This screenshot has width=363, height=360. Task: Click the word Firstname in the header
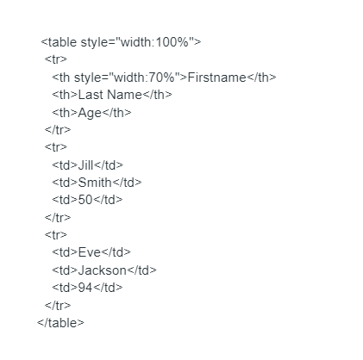click(x=217, y=78)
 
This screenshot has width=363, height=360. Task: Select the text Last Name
click(x=110, y=95)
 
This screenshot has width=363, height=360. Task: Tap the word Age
click(x=90, y=113)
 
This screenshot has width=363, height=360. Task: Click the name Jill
click(x=85, y=165)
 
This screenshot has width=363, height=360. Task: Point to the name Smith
click(x=95, y=183)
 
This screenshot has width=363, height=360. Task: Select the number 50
click(x=85, y=200)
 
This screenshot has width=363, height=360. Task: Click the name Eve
click(x=90, y=252)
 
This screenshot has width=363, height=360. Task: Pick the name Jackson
click(x=103, y=270)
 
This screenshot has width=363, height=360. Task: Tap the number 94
click(x=85, y=288)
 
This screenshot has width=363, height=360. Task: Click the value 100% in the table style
click(x=172, y=42)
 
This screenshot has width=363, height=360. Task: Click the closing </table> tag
click(x=60, y=323)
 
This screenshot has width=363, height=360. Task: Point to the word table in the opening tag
click(x=63, y=42)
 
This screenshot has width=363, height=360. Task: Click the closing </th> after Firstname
click(x=261, y=78)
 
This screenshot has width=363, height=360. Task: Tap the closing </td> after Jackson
click(x=141, y=270)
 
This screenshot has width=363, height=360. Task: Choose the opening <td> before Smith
click(x=65, y=183)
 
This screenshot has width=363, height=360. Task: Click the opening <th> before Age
click(x=65, y=113)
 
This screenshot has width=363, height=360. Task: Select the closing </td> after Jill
click(x=109, y=165)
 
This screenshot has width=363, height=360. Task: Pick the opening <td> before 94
click(x=65, y=288)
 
